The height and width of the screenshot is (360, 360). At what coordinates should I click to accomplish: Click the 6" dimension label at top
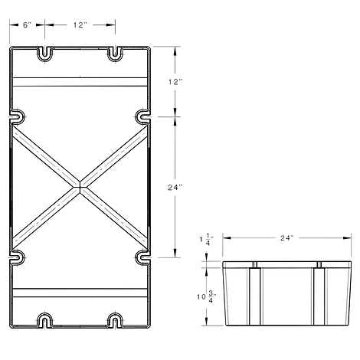27,25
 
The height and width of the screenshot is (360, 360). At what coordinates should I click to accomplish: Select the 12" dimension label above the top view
80,25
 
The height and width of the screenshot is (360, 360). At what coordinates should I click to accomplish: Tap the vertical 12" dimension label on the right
175,82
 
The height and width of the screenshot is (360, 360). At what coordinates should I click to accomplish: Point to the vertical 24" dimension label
175,187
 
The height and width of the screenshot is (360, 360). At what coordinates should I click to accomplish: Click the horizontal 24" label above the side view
287,238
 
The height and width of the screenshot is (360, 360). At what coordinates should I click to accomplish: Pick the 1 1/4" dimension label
206,240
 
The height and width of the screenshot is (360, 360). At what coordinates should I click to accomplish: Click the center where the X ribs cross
80,187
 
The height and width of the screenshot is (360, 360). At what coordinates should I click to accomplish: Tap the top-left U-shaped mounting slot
45,54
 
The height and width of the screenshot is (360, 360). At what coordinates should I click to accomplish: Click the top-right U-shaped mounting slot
115,54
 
